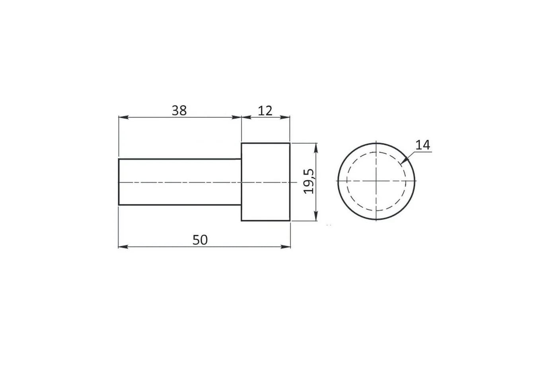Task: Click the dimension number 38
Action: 179,111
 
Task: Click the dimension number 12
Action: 265,111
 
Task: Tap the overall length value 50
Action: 200,240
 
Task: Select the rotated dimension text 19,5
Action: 309,181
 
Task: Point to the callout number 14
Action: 423,145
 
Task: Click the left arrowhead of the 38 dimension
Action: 123,117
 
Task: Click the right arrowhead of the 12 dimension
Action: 285,117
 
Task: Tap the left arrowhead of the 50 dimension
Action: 123,247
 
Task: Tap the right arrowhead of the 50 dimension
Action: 286,247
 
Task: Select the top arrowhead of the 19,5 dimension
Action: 316,148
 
